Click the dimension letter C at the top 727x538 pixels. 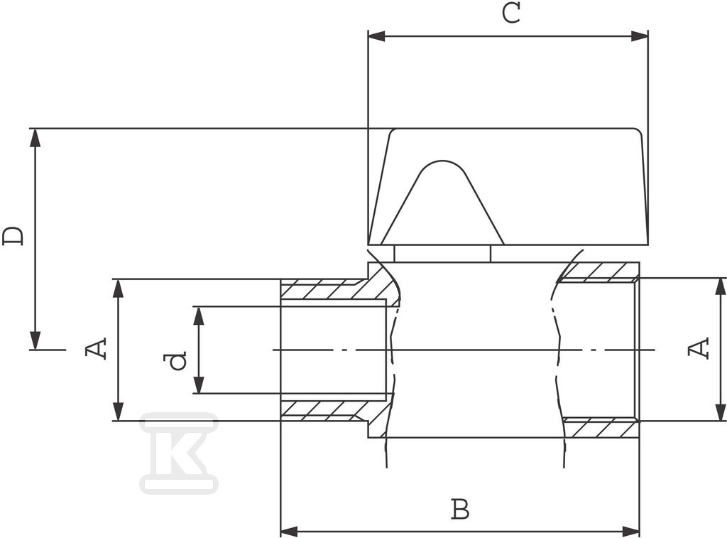click(x=510, y=13)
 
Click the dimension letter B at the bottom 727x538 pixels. click(x=460, y=509)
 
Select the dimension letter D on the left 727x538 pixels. click(x=13, y=236)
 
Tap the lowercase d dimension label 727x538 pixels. click(x=177, y=361)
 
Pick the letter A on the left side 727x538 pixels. click(x=97, y=348)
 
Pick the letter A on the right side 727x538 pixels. click(x=699, y=348)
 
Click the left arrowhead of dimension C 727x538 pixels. click(x=376, y=36)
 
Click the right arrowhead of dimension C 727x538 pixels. click(x=640, y=36)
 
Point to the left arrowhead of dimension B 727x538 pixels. click(x=290, y=530)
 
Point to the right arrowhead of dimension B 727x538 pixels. click(x=631, y=530)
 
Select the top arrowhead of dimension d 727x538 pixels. click(x=199, y=315)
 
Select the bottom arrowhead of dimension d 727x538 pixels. click(x=199, y=384)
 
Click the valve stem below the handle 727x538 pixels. click(x=442, y=254)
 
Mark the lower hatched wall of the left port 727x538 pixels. click(x=330, y=410)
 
